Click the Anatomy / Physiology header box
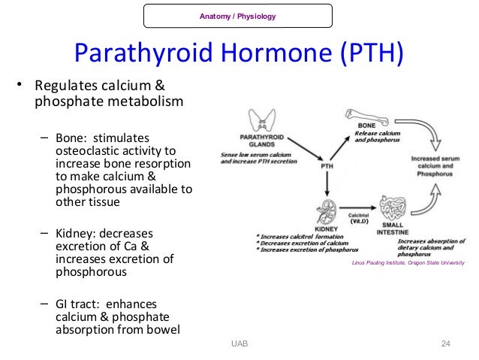click(236, 16)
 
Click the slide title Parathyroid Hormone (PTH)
click(238, 53)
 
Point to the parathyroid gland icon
click(262, 120)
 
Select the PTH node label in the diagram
click(327, 167)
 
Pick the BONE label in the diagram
click(366, 125)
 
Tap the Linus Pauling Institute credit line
click(408, 262)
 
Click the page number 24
click(445, 343)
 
